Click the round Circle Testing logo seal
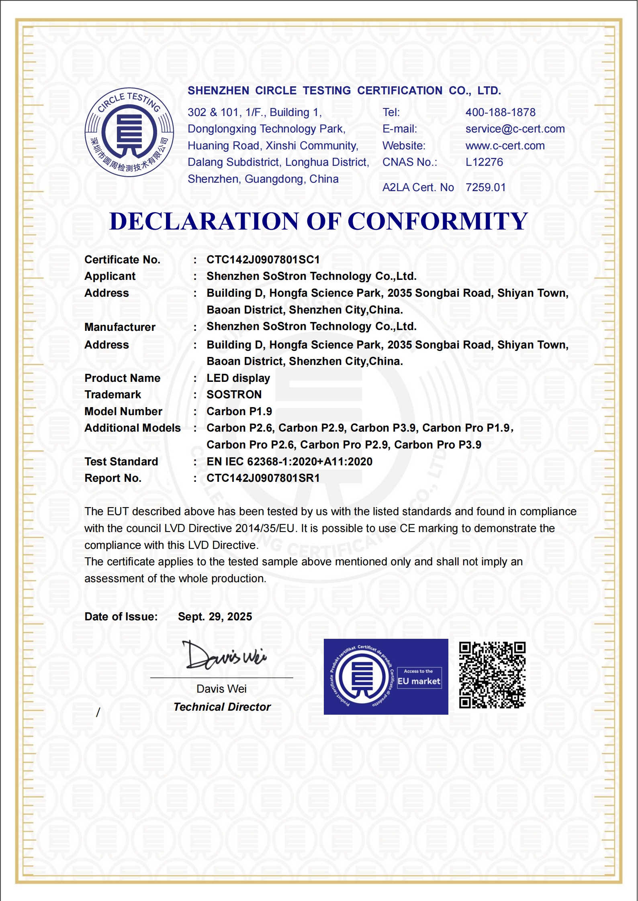coord(129,132)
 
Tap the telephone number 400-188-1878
coord(500,112)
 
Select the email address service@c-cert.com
coord(515,129)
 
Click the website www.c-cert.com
coord(505,146)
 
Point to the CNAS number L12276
coord(484,162)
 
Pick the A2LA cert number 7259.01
coord(485,188)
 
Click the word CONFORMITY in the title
coord(438,222)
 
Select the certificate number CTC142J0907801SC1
coord(263,260)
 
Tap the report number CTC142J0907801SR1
coord(263,478)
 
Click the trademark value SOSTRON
coord(234,395)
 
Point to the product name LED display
coord(238,378)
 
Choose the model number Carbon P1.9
coord(239,412)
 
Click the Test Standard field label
coord(121,462)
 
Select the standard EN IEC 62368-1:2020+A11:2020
coord(289,462)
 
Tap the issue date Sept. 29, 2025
coord(215,617)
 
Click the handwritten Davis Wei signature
coord(224,656)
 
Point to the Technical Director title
coord(222,707)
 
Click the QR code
coord(492,675)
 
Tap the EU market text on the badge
coord(419,681)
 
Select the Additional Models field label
coord(133,428)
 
